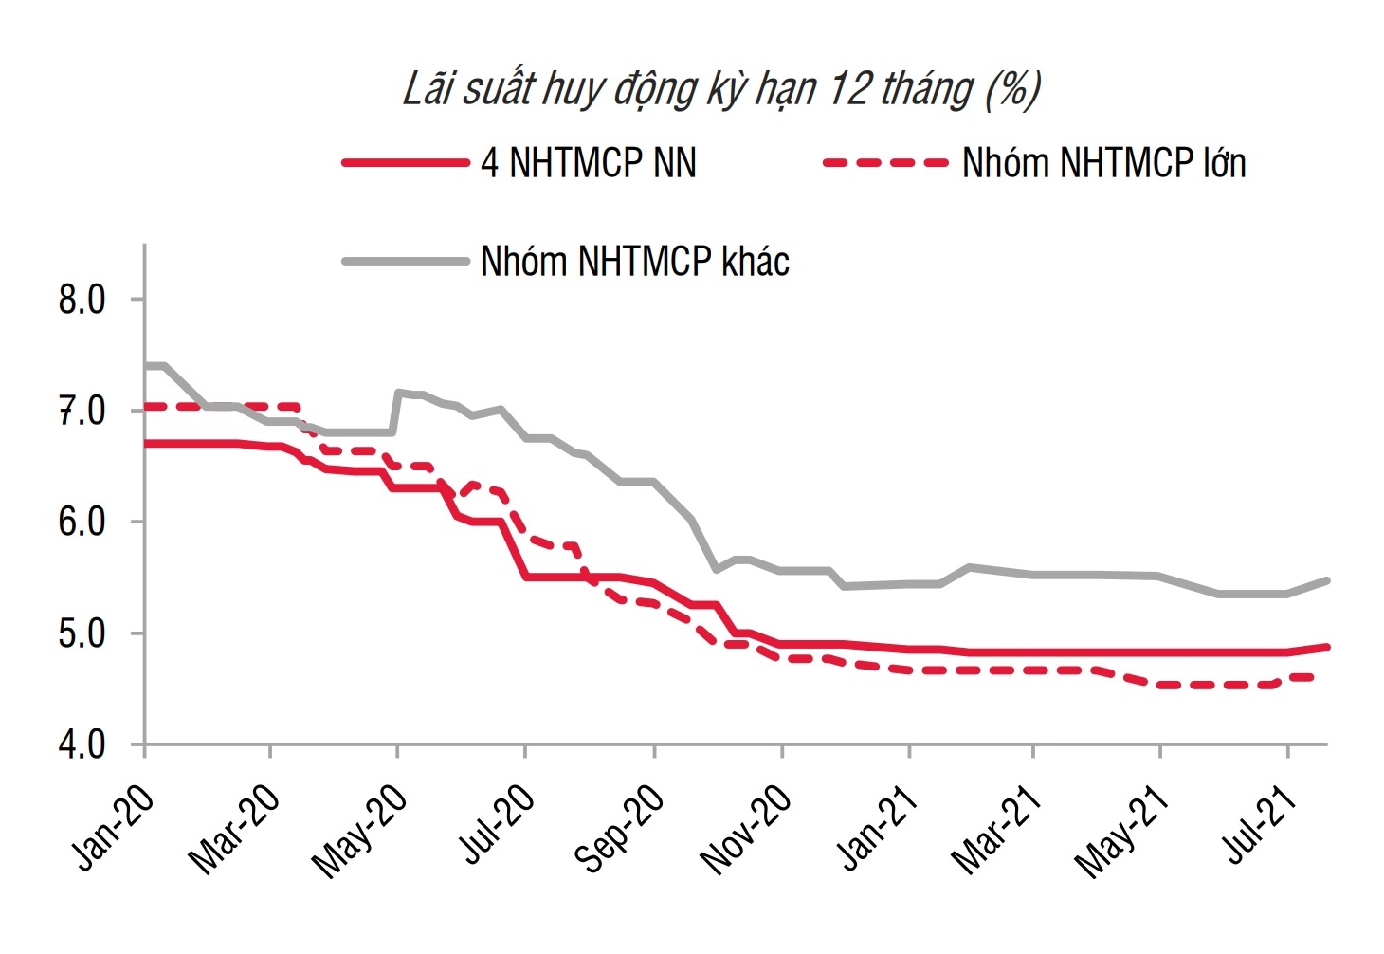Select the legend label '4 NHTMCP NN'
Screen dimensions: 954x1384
point(589,163)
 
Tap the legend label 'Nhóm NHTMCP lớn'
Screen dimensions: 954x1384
point(1103,163)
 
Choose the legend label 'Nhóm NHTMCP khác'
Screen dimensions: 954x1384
point(635,262)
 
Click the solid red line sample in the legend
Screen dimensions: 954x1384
point(406,163)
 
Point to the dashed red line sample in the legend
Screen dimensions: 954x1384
point(885,163)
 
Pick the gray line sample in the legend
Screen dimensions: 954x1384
point(406,261)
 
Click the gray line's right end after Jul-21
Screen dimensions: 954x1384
point(1326,580)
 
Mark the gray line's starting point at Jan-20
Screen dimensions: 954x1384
point(146,365)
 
